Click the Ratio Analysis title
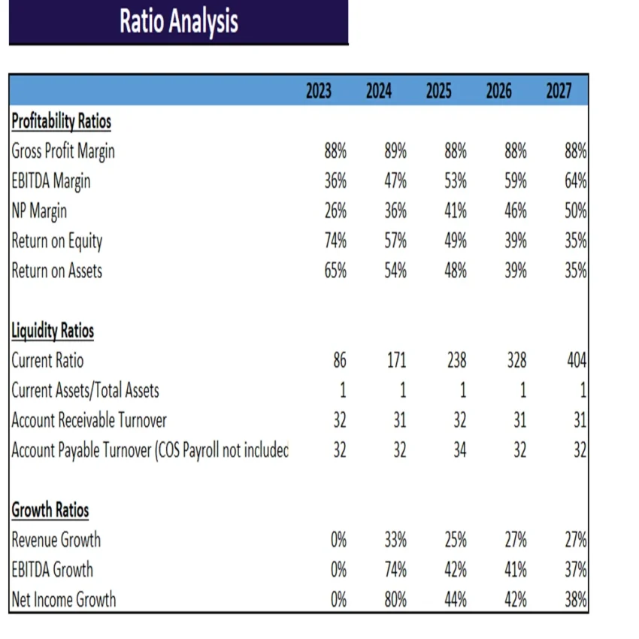(x=179, y=22)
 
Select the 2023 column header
(x=319, y=92)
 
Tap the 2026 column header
(x=499, y=92)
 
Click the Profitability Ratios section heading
(x=61, y=121)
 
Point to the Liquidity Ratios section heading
(x=53, y=331)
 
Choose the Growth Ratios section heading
(x=50, y=510)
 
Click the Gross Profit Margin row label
(x=63, y=151)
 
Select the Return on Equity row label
(x=56, y=241)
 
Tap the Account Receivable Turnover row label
(x=89, y=420)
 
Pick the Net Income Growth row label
(x=64, y=599)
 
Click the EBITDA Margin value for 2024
(x=395, y=181)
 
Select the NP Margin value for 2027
(x=575, y=211)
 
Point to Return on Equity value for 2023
(x=335, y=241)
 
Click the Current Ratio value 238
(x=456, y=361)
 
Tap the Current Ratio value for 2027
(x=575, y=361)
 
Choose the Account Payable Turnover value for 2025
(x=459, y=450)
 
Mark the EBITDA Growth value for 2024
(x=395, y=570)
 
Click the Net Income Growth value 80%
(x=395, y=599)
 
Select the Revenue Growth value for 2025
(x=456, y=540)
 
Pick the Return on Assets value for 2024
(x=395, y=271)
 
